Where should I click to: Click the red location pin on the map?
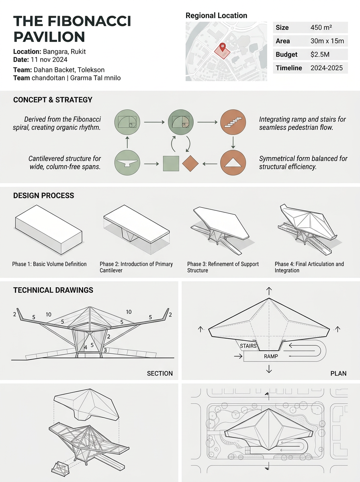[223, 47]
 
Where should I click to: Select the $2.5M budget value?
[320, 55]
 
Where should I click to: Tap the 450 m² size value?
[321, 27]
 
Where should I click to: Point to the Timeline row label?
[289, 68]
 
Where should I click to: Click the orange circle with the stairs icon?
[233, 122]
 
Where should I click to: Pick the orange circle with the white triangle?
[233, 163]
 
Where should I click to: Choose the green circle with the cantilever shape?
[127, 163]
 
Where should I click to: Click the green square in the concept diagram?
[171, 163]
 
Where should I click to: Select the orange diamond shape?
[190, 163]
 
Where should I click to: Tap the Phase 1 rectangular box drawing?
[49, 230]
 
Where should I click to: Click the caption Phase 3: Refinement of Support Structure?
[223, 267]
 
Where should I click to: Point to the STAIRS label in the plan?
[248, 346]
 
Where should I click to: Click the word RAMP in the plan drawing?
[271, 356]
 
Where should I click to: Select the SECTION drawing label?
[160, 374]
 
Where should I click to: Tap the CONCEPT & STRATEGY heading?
[53, 100]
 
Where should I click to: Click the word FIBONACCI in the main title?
[89, 21]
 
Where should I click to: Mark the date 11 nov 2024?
[49, 60]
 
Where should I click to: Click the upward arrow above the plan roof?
[269, 291]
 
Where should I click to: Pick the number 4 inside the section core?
[86, 347]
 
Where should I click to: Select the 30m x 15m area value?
[327, 41]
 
